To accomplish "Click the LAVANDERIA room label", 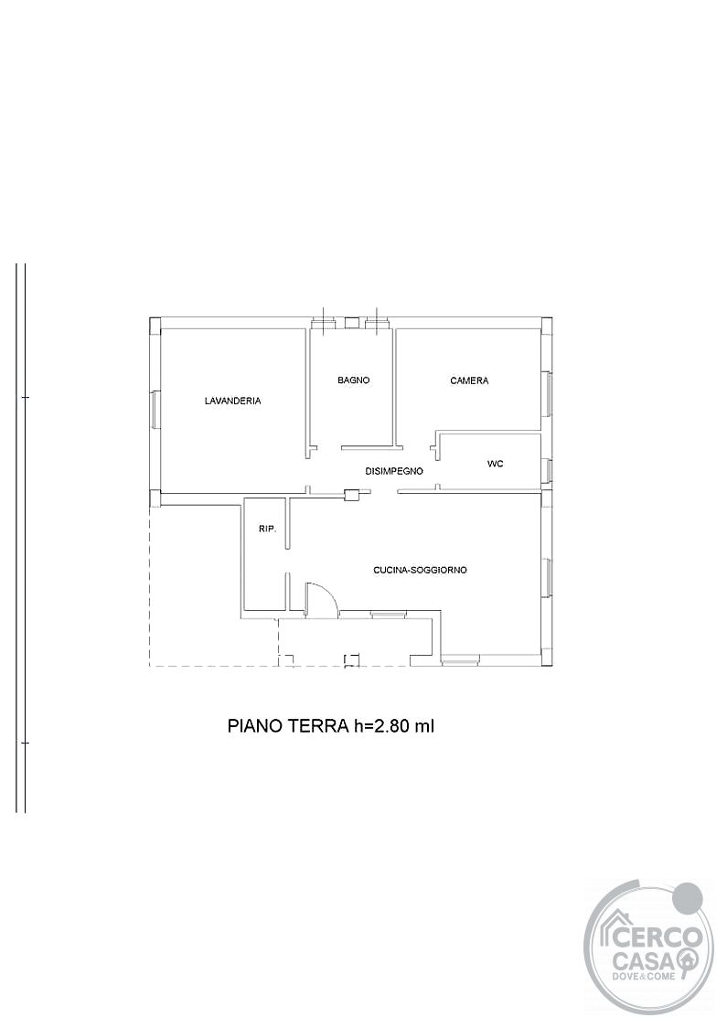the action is tap(232, 401).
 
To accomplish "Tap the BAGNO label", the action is tap(354, 380).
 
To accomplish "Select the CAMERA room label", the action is tap(469, 380).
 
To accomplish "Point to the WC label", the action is tap(496, 464).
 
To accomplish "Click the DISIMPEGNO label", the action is tap(394, 471).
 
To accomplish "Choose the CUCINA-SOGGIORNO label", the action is tap(421, 571).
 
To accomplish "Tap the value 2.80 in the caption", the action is tap(390, 726).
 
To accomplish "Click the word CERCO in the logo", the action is tap(657, 937).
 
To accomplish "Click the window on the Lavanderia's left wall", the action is tap(155, 411).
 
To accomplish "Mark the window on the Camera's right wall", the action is tap(545, 392).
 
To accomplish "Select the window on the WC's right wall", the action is tap(545, 470).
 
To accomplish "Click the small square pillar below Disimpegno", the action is tap(352, 495).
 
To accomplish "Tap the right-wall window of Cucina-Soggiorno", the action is tap(545, 577).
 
